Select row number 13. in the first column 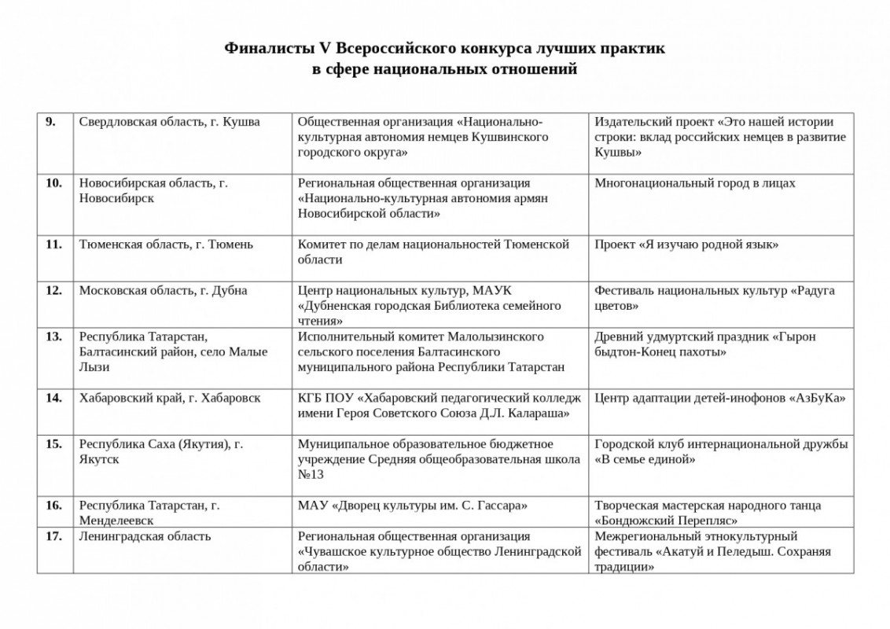tap(53, 337)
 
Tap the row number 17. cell tap(53, 536)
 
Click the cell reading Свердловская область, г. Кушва tap(169, 122)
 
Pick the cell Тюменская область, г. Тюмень tap(166, 245)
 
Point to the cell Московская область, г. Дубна tap(163, 291)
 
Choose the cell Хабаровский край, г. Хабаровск tap(170, 398)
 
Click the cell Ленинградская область tap(145, 536)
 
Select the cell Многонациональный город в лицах tap(695, 183)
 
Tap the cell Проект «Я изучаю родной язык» tap(686, 245)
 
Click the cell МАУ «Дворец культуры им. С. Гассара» tap(412, 505)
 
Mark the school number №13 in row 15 tap(310, 475)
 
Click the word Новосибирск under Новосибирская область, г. tap(116, 198)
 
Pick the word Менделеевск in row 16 tap(116, 520)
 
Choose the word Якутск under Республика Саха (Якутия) tap(99, 459)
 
